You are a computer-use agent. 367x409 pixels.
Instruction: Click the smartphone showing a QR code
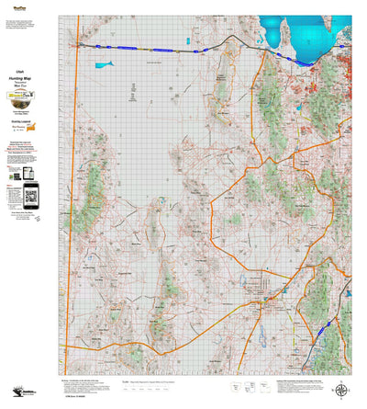coord(31,196)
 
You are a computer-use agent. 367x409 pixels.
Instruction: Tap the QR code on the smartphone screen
coord(31,195)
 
